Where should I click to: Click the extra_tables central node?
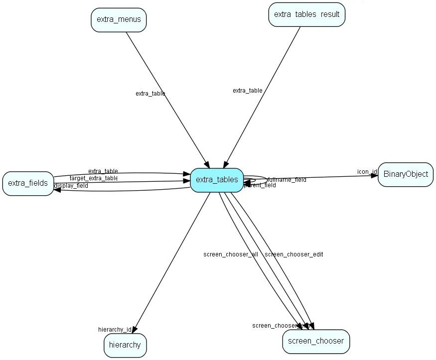pyautogui.click(x=217, y=180)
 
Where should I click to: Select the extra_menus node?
pyautogui.click(x=119, y=20)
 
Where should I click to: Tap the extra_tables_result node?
pyautogui.click(x=306, y=14)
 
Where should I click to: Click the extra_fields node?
pyautogui.click(x=28, y=183)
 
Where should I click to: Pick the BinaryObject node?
pyautogui.click(x=406, y=175)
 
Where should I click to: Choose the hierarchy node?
pyautogui.click(x=125, y=345)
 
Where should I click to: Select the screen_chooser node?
pyautogui.click(x=316, y=341)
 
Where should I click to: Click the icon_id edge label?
pyautogui.click(x=367, y=172)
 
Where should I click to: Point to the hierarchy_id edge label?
pyautogui.click(x=115, y=330)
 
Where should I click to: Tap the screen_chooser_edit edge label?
pyautogui.click(x=293, y=254)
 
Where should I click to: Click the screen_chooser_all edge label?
pyautogui.click(x=231, y=254)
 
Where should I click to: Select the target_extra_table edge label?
pyautogui.click(x=94, y=178)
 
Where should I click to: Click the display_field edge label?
pyautogui.click(x=71, y=186)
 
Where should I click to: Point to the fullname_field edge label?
pyautogui.click(x=287, y=179)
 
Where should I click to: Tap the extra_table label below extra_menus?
pyautogui.click(x=150, y=94)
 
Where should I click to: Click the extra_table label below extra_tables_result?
pyautogui.click(x=248, y=91)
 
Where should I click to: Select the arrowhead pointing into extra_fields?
pyautogui.click(x=57, y=190)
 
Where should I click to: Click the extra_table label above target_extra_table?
pyautogui.click(x=103, y=171)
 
